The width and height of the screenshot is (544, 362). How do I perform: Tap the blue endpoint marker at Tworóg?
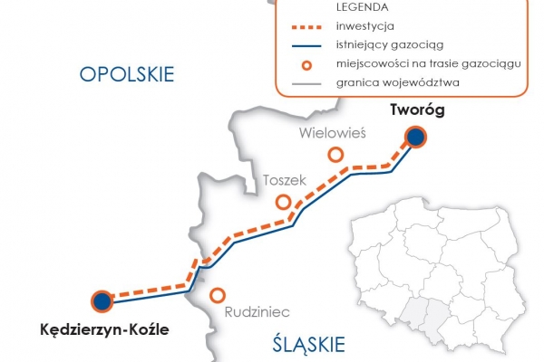tap(415, 138)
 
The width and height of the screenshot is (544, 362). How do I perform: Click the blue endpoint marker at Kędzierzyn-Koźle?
tap(102, 301)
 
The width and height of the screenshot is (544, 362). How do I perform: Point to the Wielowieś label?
tap(331, 133)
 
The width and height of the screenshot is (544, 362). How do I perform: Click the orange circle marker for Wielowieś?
tap(336, 155)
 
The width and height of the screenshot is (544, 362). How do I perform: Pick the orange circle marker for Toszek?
tap(284, 202)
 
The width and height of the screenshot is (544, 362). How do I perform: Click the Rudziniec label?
tap(257, 311)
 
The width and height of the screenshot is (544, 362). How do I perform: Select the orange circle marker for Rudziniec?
tap(218, 295)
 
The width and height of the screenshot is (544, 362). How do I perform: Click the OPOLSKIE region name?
tap(126, 74)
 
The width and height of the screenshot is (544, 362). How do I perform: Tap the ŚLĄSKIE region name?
tap(309, 344)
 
